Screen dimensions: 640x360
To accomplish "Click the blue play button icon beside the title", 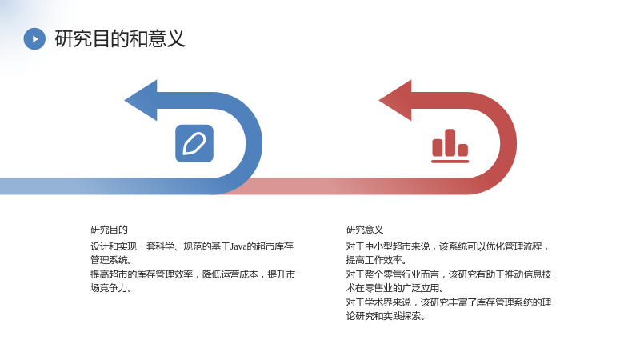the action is (x=34, y=38).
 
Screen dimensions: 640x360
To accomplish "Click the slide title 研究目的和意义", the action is (x=120, y=38).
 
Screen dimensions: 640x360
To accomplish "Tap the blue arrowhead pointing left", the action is (x=141, y=100).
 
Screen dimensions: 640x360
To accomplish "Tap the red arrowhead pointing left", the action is (x=395, y=100).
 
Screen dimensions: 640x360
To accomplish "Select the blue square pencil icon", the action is (x=194, y=143).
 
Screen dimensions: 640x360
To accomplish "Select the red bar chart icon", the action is (x=450, y=146).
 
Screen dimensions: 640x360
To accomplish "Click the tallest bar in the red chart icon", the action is (x=450, y=142).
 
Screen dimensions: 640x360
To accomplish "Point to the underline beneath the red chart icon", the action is (x=450, y=162).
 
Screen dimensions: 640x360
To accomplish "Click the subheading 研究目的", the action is (x=109, y=230).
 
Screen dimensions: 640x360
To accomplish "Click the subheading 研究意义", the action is (x=365, y=230).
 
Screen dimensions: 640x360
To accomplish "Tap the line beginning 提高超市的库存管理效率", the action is (x=193, y=274).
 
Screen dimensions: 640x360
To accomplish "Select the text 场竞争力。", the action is (x=111, y=288).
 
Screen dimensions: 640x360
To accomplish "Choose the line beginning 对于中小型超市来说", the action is (x=448, y=246).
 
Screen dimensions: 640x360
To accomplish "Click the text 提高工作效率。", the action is (x=376, y=260).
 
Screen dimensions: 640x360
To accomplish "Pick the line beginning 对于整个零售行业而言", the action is (x=449, y=274).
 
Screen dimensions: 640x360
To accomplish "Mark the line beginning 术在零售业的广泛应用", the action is (x=394, y=288).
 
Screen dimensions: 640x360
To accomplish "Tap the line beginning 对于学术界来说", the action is (x=449, y=302).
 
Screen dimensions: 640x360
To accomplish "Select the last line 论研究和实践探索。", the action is (x=386, y=316).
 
